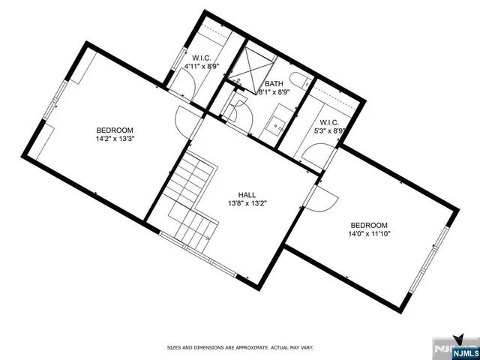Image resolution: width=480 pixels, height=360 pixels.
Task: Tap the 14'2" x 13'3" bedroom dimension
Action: point(115,138)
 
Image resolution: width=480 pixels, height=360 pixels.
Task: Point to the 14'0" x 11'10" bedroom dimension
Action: point(370,234)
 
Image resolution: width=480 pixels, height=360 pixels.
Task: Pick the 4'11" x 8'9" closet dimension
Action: point(200,66)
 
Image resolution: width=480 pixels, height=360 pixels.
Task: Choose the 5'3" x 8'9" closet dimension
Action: point(328,131)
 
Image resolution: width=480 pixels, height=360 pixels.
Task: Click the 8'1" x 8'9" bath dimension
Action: point(274,92)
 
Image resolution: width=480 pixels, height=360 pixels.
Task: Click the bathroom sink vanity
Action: point(280,121)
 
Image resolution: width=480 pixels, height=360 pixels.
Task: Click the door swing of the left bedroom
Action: point(186,120)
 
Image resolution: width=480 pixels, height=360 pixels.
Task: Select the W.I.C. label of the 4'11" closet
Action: point(201,57)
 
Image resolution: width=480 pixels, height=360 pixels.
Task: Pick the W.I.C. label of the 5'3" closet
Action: point(329,122)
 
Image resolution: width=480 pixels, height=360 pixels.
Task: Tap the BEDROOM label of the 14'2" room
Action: point(115,129)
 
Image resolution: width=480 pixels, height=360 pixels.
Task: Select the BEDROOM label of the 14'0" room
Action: point(370,225)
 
